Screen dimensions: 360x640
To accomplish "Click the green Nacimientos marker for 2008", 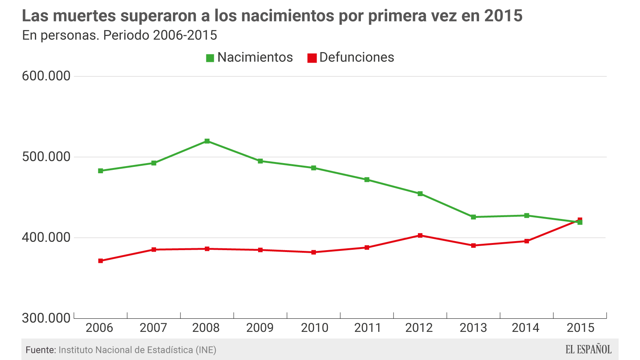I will click(x=207, y=141).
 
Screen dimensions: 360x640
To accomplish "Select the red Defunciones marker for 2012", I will click(x=420, y=235).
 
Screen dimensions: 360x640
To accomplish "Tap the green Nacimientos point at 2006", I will click(x=101, y=171).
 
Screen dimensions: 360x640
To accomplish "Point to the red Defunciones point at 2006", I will click(x=101, y=261).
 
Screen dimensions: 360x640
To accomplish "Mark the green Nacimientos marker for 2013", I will click(x=473, y=217).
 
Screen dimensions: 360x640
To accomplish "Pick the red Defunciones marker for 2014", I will click(x=527, y=241).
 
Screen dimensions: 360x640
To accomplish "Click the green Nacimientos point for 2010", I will click(x=314, y=168).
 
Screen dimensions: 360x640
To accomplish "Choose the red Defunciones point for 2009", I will click(x=260, y=250).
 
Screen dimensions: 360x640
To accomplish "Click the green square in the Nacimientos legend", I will click(x=210, y=58).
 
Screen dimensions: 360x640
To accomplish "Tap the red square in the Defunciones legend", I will click(x=312, y=58).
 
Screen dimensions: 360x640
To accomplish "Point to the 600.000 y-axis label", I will click(x=46, y=76).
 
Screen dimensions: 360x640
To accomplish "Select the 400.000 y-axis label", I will click(x=46, y=237).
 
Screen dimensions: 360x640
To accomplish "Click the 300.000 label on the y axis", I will click(x=46, y=318).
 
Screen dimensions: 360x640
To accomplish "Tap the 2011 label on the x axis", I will click(x=368, y=328).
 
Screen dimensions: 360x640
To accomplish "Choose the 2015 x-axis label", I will click(x=580, y=328).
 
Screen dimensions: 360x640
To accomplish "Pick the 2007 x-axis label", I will click(x=153, y=328).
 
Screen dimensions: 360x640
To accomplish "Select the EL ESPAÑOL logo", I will click(x=588, y=349).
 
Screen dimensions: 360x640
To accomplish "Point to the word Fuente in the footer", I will click(x=40, y=350).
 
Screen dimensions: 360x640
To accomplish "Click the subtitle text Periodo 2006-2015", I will click(x=160, y=35).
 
